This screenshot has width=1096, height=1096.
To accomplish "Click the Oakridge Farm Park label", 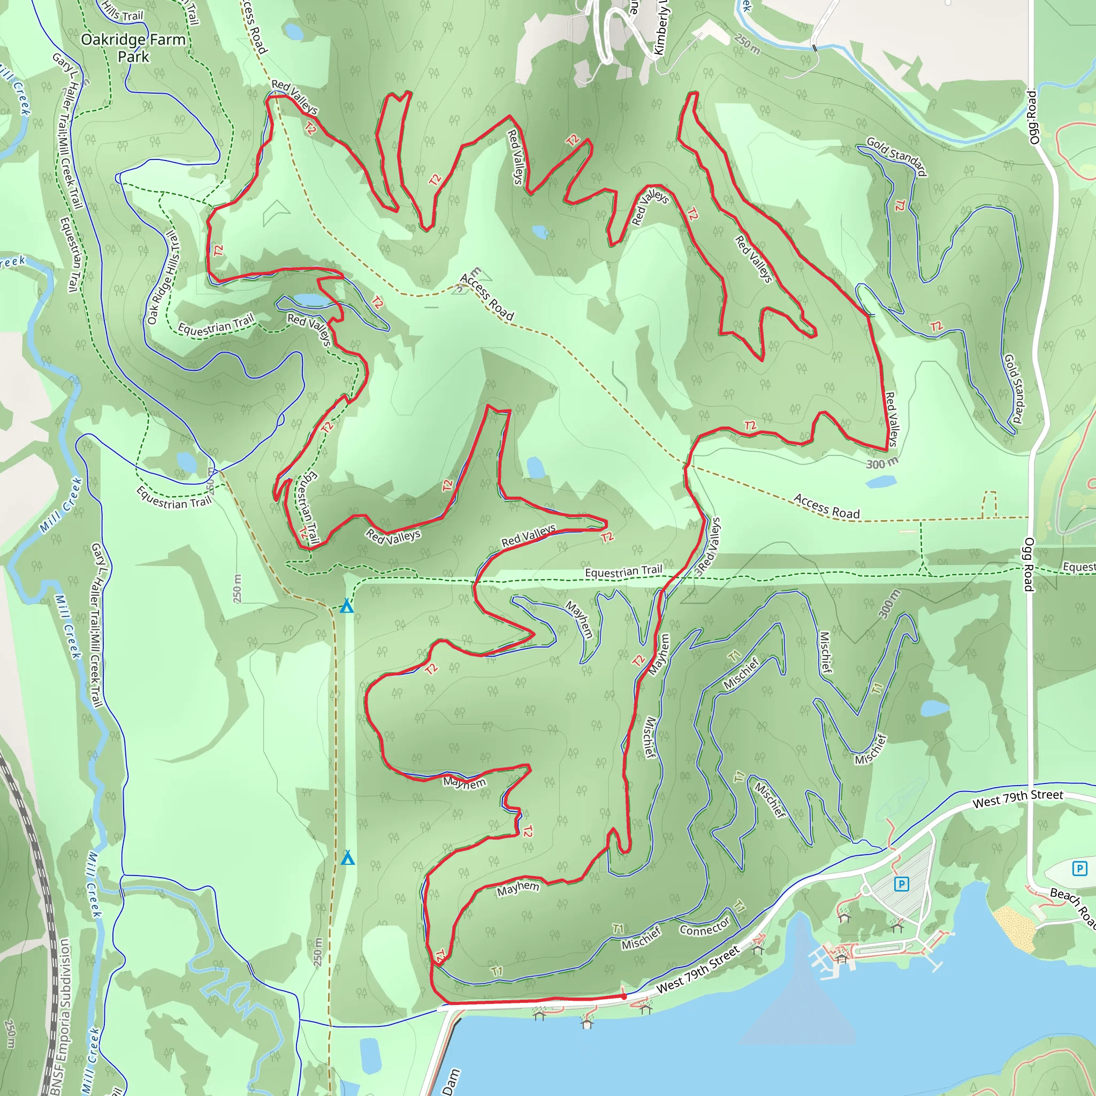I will [x=133, y=48].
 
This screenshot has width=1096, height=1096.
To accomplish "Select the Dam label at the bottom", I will [x=451, y=1080].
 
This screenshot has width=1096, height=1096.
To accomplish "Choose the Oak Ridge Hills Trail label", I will [x=163, y=278].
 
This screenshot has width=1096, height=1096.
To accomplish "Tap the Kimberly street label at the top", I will [x=661, y=28].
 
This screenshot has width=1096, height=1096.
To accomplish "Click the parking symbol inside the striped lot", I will [x=901, y=883].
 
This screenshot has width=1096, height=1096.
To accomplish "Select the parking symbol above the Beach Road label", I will [x=1079, y=868].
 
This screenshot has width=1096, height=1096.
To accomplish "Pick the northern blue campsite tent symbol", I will [x=347, y=606].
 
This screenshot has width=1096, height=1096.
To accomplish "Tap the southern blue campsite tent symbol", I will [x=348, y=858].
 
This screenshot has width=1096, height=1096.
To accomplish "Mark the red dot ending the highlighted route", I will [x=624, y=996].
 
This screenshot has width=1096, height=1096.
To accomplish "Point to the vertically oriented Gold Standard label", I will [x=1014, y=389].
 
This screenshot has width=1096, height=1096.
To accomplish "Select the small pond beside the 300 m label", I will [x=880, y=482].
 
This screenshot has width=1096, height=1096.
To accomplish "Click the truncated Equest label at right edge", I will [x=1078, y=567].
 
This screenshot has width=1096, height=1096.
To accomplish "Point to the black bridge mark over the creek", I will [x=815, y=48].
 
